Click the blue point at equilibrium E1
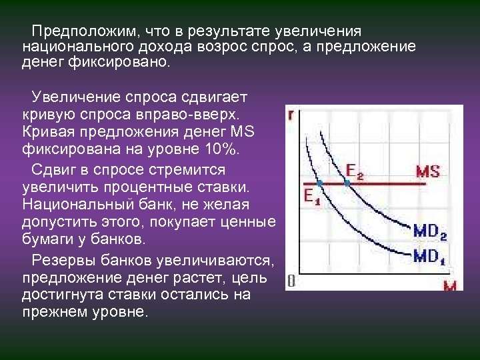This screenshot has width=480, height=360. pyautogui.click(x=319, y=183)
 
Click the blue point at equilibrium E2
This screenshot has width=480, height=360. pyautogui.click(x=347, y=183)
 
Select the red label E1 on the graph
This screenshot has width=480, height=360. pyautogui.click(x=311, y=197)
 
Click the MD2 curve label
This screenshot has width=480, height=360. pyautogui.click(x=429, y=232)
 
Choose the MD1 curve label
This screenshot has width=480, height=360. pyautogui.click(x=429, y=255)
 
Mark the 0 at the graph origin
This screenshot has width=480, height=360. pyautogui.click(x=291, y=281)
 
